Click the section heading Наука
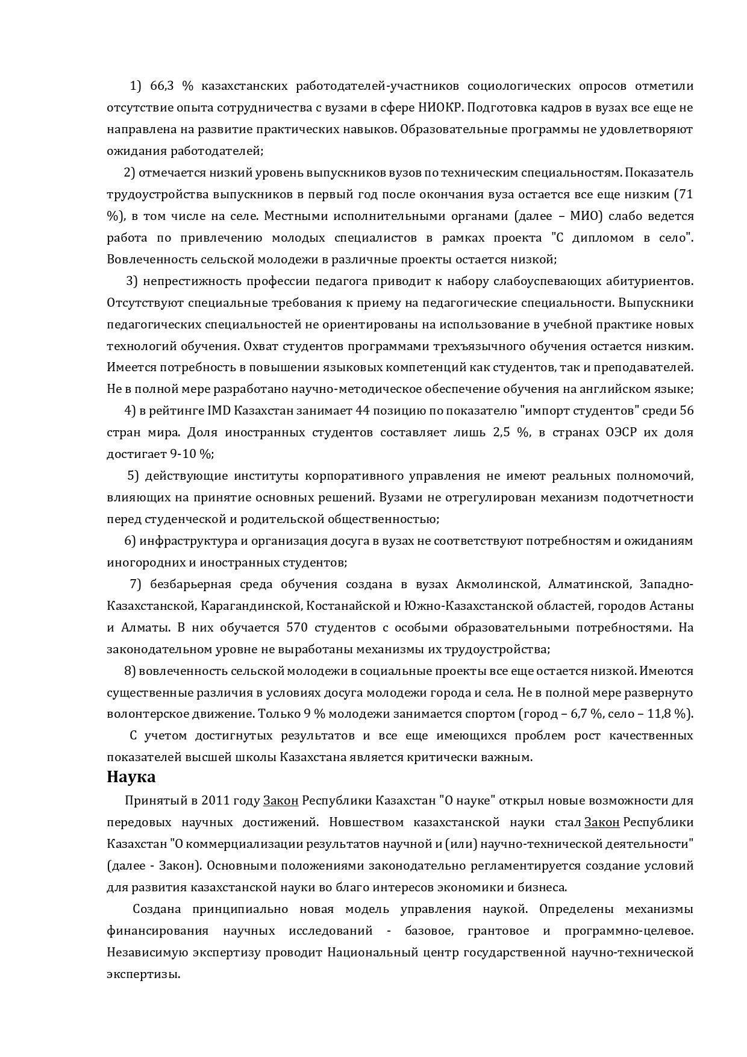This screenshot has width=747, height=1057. coord(131,777)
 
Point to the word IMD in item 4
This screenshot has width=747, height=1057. coord(219,411)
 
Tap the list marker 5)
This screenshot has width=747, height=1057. coord(133,476)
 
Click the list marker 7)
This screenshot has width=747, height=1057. coord(136,584)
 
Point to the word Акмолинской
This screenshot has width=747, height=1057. coord(496,584)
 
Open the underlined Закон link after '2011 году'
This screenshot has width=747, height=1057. coord(281,800)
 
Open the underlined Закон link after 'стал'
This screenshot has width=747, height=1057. coord(602,822)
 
